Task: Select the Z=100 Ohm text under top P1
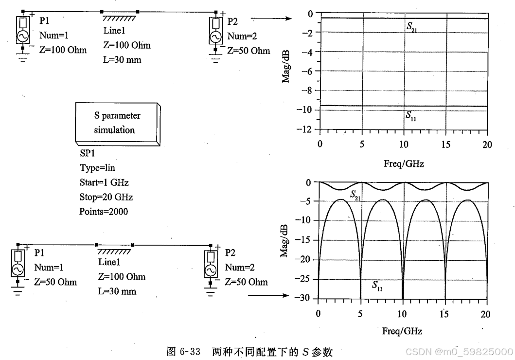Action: (x=63, y=50)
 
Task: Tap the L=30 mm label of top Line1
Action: (x=121, y=60)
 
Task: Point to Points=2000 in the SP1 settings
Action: (x=104, y=212)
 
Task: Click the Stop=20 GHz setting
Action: (x=106, y=197)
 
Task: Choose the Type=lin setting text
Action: (x=97, y=168)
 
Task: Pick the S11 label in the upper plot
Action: (x=411, y=115)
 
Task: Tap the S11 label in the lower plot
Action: (x=377, y=286)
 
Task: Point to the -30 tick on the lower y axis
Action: (x=305, y=298)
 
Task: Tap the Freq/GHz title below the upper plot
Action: (x=403, y=164)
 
